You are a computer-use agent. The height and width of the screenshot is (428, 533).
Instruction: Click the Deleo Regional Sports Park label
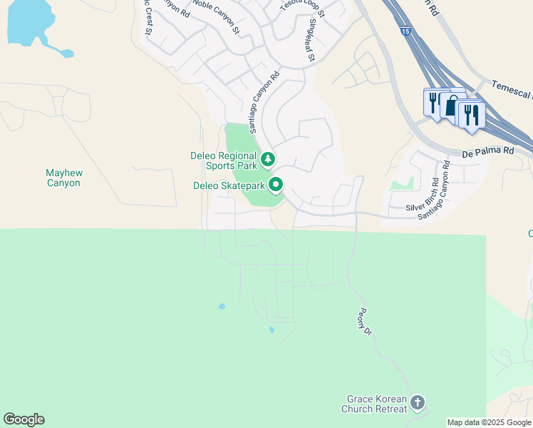tap(223, 160)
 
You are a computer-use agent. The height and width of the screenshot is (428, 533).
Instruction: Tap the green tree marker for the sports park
tap(268, 158)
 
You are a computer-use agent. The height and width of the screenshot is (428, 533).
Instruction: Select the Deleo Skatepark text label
tap(229, 185)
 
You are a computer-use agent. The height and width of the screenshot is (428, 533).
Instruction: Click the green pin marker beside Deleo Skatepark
tap(276, 185)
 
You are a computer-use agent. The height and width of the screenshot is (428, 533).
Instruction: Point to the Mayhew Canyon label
tap(63, 178)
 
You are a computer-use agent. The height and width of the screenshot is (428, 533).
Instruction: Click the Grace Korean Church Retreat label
tap(377, 404)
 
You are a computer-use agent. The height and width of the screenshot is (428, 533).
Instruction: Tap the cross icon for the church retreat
tap(418, 403)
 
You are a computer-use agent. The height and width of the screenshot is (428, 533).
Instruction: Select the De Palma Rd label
tap(487, 151)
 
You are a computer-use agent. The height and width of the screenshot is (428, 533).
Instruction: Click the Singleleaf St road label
tap(311, 40)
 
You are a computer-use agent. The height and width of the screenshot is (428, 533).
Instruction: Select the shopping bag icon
tap(452, 106)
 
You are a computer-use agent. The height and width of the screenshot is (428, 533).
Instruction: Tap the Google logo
tap(24, 419)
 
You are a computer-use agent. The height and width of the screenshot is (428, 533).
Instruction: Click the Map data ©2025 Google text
tap(489, 422)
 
